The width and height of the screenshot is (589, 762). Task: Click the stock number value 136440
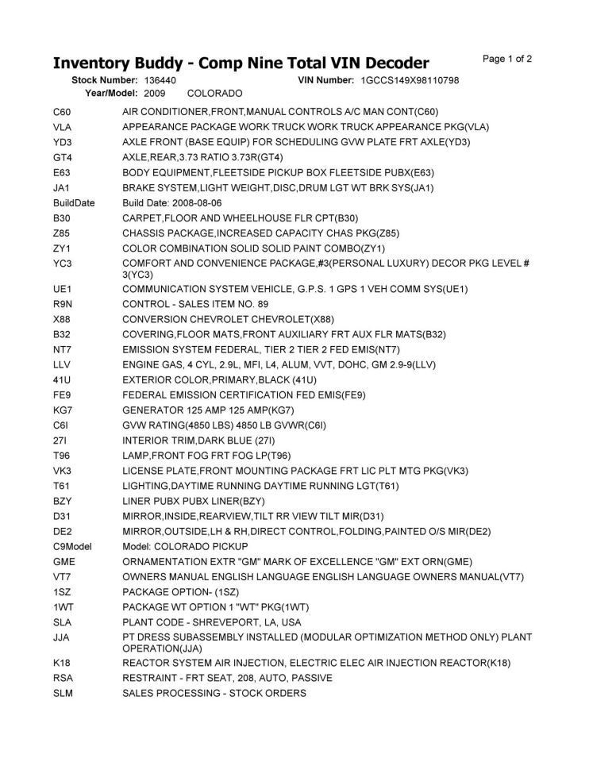[x=160, y=80]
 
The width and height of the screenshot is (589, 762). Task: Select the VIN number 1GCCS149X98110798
[x=410, y=80]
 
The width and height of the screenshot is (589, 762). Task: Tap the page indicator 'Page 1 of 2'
[x=506, y=59]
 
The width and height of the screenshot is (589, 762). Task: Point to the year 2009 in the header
[x=155, y=93]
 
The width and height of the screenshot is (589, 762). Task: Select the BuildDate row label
[x=74, y=202]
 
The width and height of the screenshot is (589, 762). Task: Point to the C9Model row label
[x=71, y=546]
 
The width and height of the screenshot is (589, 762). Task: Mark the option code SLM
[x=63, y=693]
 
